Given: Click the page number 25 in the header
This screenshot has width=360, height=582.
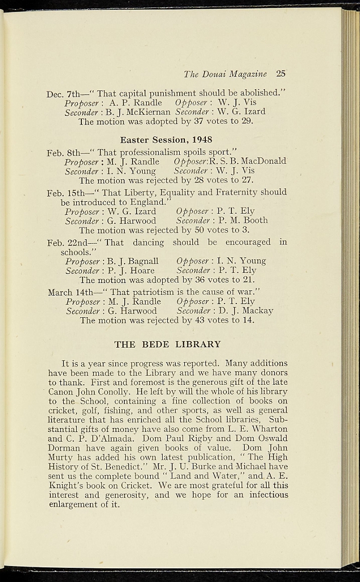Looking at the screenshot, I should point(280,74).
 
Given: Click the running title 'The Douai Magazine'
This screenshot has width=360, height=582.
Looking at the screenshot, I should point(225,74).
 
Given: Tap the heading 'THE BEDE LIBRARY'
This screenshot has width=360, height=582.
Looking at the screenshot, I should point(167,344).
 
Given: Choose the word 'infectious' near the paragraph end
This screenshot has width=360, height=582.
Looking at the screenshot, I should point(267,494).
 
